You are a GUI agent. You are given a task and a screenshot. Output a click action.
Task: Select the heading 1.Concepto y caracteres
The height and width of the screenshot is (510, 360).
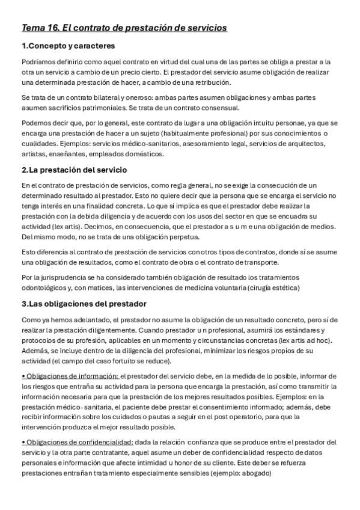68,46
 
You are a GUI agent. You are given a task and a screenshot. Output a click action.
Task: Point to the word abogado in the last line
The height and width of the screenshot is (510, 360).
257,473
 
